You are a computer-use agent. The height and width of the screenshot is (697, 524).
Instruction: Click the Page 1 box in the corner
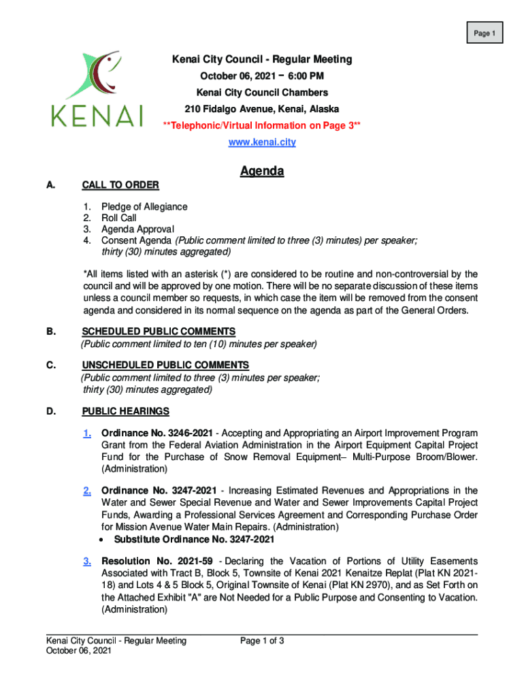point(484,33)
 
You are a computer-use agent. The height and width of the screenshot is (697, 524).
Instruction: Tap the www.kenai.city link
point(262,142)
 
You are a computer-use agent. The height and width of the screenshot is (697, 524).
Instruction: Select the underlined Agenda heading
point(262,172)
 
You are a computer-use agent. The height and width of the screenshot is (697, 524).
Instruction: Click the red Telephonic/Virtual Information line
point(262,125)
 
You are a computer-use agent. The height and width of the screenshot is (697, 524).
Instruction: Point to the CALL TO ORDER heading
point(120,185)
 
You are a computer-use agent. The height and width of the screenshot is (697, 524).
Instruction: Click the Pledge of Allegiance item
point(144,206)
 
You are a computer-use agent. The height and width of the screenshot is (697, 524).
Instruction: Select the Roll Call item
point(119,218)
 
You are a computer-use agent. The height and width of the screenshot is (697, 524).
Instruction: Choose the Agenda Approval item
point(137,229)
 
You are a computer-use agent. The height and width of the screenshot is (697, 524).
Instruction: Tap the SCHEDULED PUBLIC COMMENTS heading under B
point(159,331)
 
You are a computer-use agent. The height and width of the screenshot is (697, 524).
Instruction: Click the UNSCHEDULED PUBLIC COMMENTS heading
point(165,366)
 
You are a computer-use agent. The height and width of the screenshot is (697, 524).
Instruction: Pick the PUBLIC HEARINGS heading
point(126,412)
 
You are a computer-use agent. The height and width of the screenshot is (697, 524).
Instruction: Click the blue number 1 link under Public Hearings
point(88,434)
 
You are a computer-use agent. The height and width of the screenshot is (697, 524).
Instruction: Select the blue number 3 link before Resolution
point(88,562)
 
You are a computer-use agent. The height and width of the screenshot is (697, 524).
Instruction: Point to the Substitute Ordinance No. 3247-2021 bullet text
point(194,540)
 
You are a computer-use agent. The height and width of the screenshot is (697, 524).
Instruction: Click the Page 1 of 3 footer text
point(262,641)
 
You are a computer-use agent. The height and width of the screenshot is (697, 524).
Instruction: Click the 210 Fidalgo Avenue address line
point(262,109)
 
